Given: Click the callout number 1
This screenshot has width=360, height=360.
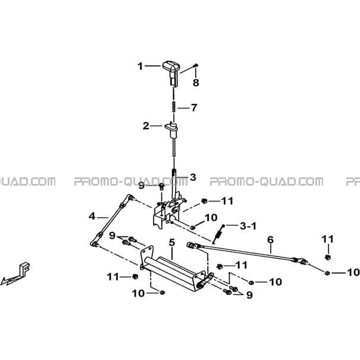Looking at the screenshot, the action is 140,67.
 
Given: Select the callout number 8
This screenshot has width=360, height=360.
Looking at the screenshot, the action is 196,83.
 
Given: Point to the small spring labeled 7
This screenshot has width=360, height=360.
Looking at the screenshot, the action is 174,107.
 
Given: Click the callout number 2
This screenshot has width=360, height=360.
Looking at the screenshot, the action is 146,126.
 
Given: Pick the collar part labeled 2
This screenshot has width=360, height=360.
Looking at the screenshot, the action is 171,130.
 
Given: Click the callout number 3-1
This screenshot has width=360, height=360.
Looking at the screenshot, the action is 248,226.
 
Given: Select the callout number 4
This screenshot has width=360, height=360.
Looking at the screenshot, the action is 92,216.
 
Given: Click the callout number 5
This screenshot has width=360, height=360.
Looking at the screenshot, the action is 172,242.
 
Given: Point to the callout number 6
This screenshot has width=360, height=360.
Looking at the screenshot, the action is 271,240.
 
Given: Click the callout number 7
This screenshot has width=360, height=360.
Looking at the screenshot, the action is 194,108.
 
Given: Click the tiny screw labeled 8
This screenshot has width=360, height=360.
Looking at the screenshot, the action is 196,65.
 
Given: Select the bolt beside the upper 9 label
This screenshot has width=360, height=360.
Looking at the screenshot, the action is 161,186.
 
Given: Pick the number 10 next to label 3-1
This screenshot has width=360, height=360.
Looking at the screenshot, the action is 211,217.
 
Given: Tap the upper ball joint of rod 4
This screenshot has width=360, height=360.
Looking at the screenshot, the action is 130,198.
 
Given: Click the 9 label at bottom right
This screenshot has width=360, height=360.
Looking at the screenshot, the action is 249,295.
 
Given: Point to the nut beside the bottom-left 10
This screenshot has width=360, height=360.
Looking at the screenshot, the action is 162,293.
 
